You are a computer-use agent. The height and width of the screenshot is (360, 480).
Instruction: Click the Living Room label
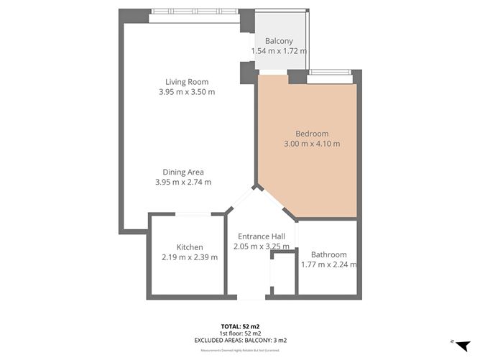tap(187, 81)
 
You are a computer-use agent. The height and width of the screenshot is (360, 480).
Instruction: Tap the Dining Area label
tap(183, 172)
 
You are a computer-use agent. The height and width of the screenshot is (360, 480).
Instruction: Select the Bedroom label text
tap(312, 134)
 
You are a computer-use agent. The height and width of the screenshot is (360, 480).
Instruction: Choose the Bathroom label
tap(328, 254)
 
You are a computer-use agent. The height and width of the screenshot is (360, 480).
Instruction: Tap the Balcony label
tap(279, 41)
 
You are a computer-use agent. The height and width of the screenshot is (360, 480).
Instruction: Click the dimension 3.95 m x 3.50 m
tap(187, 92)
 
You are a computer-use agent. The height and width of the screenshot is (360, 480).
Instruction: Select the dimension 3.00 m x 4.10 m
tap(312, 144)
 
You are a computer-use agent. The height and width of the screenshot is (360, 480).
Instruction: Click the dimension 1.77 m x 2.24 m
tap(328, 264)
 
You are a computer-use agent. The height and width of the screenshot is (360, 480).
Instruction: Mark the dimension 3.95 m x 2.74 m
tap(183, 183)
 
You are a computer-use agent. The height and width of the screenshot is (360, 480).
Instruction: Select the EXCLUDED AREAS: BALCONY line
tap(240, 340)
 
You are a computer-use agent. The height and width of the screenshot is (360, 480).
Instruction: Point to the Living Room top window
tap(195, 12)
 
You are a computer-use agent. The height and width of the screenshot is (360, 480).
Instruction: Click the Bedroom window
tap(329, 72)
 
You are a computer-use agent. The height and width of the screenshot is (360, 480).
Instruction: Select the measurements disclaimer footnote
tap(240, 350)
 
